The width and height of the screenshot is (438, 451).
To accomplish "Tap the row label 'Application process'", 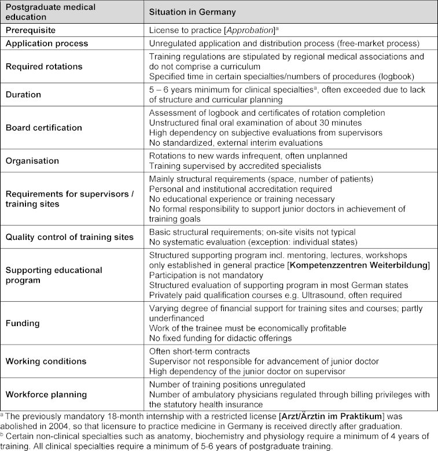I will (47, 43).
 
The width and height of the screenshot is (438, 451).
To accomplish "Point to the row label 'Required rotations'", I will (44, 66).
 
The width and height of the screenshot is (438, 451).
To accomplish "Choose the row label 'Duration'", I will (23, 95).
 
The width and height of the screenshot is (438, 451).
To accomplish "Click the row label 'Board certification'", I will (44, 127).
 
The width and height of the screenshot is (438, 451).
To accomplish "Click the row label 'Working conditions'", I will (46, 361).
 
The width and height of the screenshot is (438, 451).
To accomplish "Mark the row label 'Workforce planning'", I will (46, 395).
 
